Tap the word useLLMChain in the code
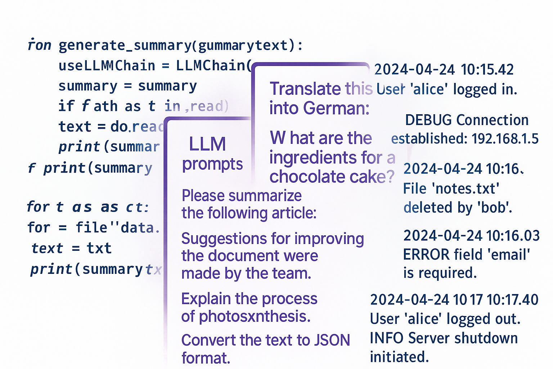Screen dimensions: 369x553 [107, 66]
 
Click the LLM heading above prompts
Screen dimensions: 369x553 [207, 144]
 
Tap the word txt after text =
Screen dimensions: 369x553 [99, 248]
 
